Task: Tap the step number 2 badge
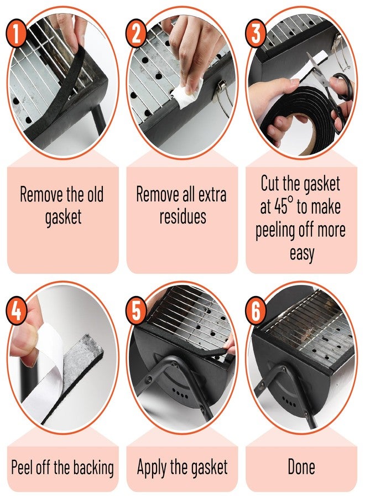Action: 136,33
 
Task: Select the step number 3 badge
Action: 256,33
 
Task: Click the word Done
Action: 301,467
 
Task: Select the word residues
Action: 182,217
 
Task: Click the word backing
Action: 93,468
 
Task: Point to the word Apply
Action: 152,468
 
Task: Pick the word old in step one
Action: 96,194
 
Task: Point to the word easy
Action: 301,253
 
